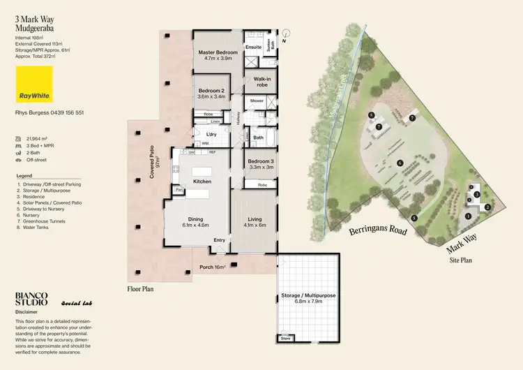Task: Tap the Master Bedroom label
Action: [x=218, y=52]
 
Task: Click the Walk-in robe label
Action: [x=262, y=82]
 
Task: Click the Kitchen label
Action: [x=203, y=182]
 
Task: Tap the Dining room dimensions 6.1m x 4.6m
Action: [x=195, y=225]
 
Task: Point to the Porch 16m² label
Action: [x=213, y=267]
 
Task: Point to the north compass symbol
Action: [x=286, y=33]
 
